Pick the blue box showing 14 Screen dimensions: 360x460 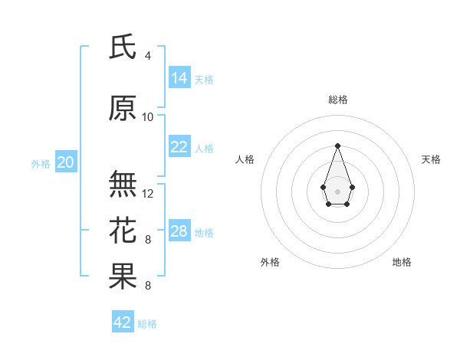tap(179, 78)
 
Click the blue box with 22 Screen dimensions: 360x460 tap(179, 147)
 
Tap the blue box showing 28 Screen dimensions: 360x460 tap(179, 231)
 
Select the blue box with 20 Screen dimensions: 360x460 tap(66, 162)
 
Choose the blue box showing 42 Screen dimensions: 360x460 tap(123, 322)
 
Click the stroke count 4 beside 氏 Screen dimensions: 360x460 tap(148, 56)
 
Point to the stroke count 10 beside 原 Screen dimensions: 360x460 tap(148, 117)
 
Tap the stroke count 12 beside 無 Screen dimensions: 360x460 tap(148, 194)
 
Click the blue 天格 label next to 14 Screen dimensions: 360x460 tap(204, 80)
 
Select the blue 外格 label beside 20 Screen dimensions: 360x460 tap(41, 164)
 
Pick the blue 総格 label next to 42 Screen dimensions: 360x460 tap(147, 324)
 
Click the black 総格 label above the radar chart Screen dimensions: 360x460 tap(338, 100)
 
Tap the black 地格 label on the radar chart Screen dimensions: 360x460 tap(402, 262)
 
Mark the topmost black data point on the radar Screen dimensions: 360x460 tap(337, 146)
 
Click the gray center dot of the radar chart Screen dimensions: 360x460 tap(337, 190)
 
